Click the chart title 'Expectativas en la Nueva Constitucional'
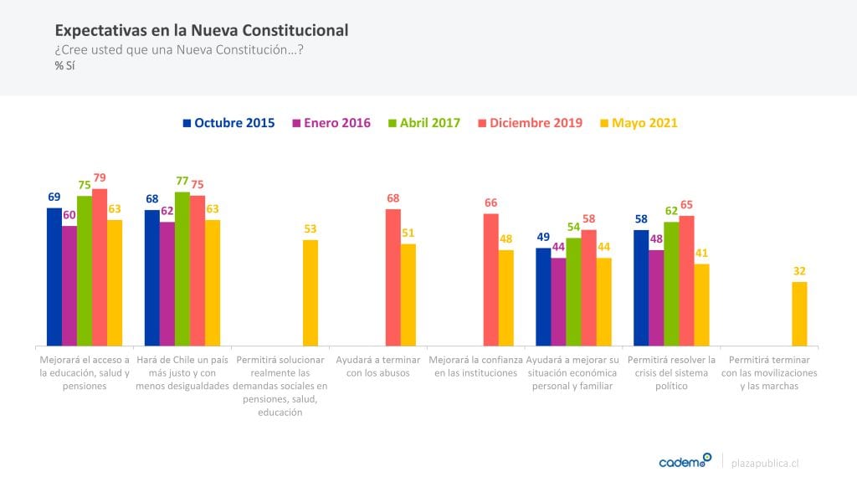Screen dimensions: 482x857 [x=201, y=30]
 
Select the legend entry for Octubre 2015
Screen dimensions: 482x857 [x=228, y=123]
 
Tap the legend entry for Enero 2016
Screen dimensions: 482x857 [x=331, y=123]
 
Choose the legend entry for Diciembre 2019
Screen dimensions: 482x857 [x=531, y=123]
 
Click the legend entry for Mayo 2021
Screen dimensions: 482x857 [x=638, y=123]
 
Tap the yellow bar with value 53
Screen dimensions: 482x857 [x=310, y=293]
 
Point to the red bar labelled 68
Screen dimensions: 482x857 [x=393, y=277]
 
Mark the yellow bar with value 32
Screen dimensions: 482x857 [x=799, y=314]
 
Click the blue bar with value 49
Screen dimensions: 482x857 [x=543, y=297]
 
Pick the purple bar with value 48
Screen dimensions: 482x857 [x=656, y=298]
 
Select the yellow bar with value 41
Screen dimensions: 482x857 [x=701, y=305]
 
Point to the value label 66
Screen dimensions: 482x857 [x=491, y=203]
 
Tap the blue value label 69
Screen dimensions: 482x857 [x=54, y=197]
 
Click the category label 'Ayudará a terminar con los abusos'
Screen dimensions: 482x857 [x=377, y=367]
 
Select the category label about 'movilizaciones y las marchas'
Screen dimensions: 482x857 [x=769, y=373]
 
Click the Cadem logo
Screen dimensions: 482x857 [x=685, y=461]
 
